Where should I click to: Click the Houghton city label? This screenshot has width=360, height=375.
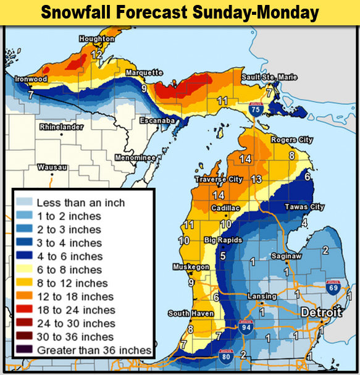pos(97,39)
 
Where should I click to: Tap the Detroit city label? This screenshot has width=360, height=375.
pos(320,313)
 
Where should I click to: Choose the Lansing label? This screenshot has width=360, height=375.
pos(257,297)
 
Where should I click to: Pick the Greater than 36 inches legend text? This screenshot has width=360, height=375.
pos(94,350)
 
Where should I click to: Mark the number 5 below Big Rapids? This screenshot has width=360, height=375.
pos(222,256)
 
